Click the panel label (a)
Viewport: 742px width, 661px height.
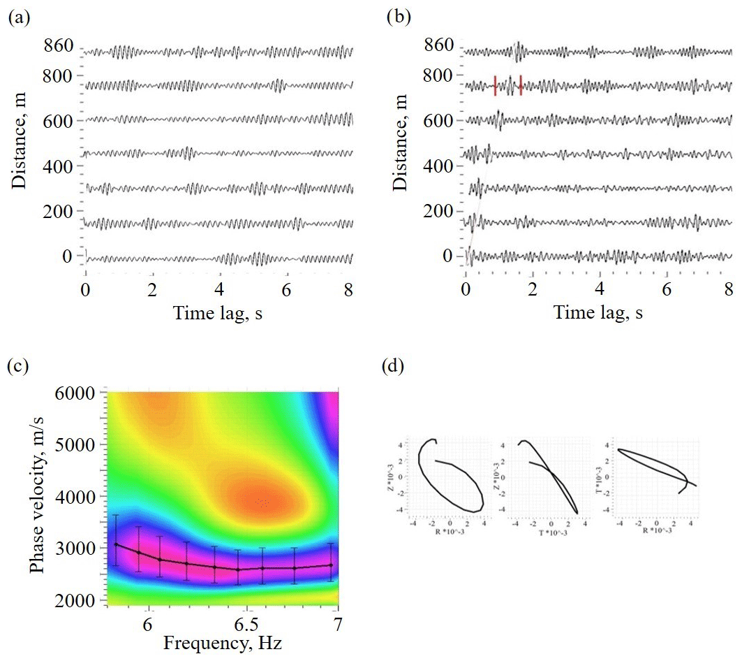pyautogui.click(x=19, y=19)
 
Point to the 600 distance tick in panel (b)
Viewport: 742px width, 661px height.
pyautogui.click(x=443, y=121)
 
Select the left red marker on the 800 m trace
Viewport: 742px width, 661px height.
pyautogui.click(x=495, y=85)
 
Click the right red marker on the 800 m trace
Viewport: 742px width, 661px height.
pyautogui.click(x=521, y=85)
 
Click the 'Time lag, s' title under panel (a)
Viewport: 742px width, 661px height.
pyautogui.click(x=218, y=313)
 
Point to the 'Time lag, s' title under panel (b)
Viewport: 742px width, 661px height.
pyautogui.click(x=598, y=313)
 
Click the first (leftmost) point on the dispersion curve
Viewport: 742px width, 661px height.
pyautogui.click(x=116, y=544)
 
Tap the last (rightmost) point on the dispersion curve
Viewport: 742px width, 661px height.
pyautogui.click(x=331, y=565)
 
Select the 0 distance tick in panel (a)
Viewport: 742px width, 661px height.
pyautogui.click(x=68, y=256)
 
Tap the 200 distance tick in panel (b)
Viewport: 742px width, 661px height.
pyautogui.click(x=443, y=212)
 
